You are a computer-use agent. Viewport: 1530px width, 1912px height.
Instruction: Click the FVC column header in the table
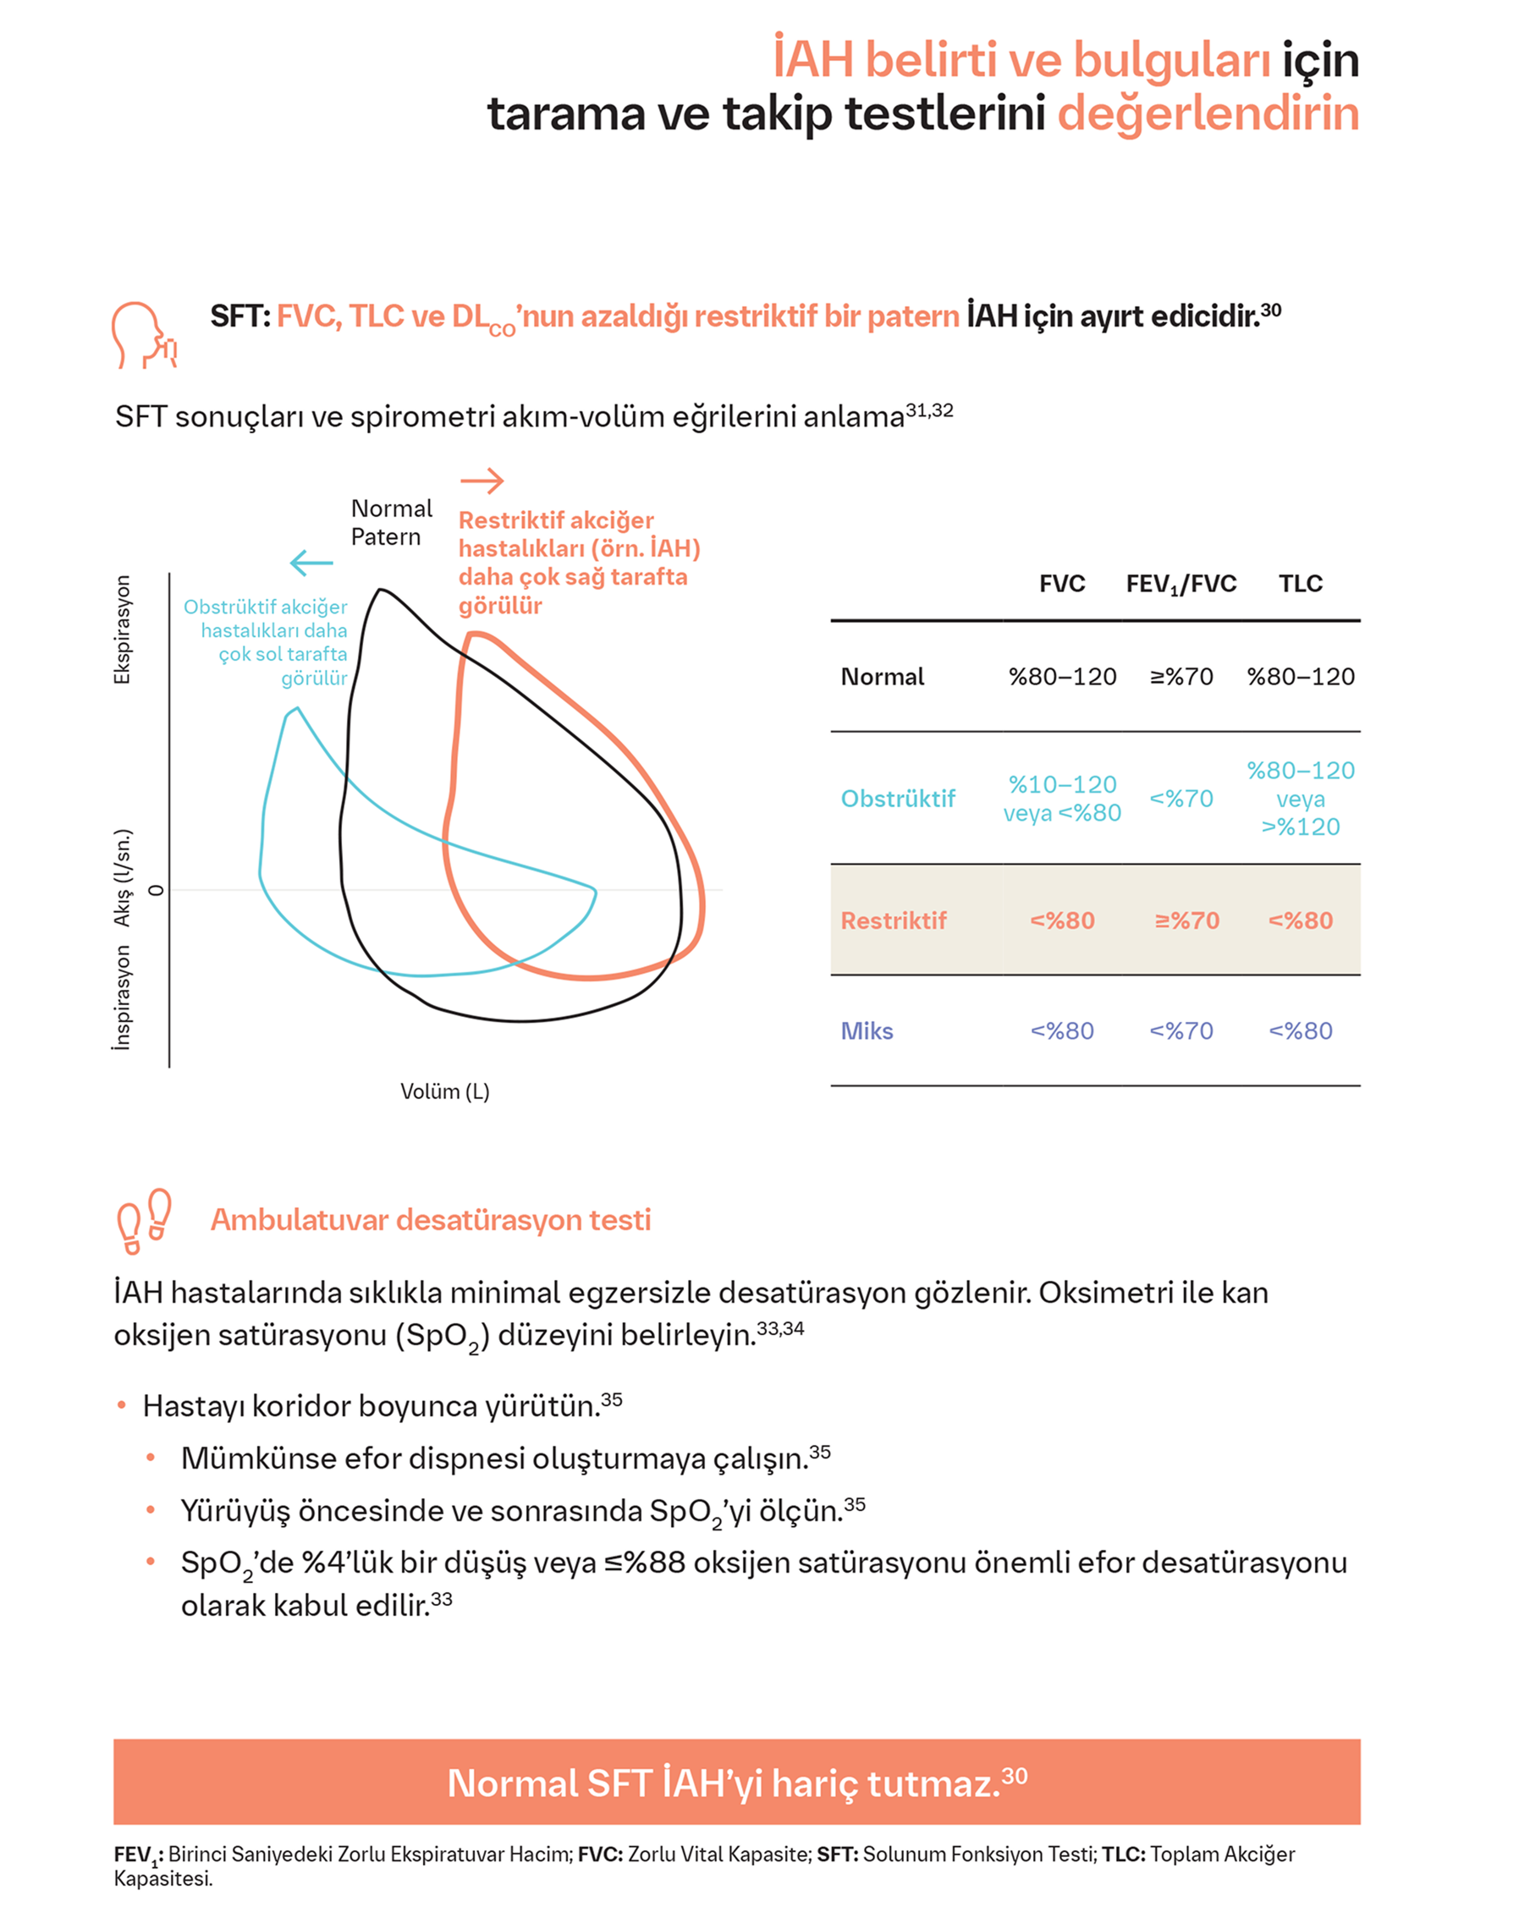tap(1062, 584)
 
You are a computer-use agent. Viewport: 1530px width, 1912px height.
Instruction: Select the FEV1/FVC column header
tap(1181, 585)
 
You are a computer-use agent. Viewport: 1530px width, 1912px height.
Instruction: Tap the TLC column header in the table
tap(1301, 584)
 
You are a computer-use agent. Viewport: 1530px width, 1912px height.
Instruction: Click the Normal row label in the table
tap(882, 677)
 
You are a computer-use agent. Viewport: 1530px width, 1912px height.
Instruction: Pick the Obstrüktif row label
tap(898, 798)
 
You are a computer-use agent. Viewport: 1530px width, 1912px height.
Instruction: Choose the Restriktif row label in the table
tap(893, 920)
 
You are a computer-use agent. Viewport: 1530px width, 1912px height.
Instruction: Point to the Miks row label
tap(867, 1030)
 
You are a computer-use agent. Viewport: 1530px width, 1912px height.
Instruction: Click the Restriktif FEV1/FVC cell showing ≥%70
tap(1186, 920)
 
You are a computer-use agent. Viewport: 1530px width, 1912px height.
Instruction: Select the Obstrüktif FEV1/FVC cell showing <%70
tap(1181, 798)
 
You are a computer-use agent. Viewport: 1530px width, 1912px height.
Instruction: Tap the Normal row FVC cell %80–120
tap(1062, 677)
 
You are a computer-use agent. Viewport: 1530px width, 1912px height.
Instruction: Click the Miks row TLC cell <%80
tap(1301, 1030)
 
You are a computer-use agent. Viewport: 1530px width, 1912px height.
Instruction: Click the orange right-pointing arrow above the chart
tap(482, 481)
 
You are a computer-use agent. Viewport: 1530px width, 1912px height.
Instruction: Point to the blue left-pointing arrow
tap(311, 563)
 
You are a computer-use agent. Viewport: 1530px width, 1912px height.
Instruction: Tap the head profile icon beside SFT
tap(144, 335)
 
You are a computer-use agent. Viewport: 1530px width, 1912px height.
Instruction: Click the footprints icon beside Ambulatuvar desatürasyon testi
tap(145, 1220)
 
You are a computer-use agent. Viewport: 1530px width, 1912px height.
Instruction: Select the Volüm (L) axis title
tap(444, 1091)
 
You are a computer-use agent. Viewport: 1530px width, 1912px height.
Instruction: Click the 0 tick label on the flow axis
tap(156, 889)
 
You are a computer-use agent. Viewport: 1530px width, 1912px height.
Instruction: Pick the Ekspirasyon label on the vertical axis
tap(122, 629)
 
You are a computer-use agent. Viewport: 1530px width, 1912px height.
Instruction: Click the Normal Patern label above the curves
tap(391, 522)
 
